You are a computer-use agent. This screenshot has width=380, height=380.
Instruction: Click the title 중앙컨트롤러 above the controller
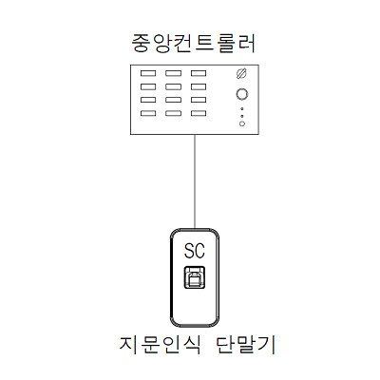point(194,43)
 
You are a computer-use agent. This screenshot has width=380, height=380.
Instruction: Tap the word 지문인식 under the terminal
point(160,345)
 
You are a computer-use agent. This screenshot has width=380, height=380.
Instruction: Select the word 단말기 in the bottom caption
point(246,345)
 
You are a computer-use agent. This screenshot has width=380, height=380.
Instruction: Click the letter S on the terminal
point(189,251)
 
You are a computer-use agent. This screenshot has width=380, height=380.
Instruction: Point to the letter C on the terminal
point(199,251)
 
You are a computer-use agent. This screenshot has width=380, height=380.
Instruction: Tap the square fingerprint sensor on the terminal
point(195,277)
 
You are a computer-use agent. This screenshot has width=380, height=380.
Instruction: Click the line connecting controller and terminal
point(195,181)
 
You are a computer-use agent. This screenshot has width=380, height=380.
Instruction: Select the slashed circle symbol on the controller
point(241,73)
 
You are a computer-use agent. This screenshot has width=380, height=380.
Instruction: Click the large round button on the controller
point(242,94)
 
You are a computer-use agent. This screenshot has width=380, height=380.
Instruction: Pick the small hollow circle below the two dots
point(242,123)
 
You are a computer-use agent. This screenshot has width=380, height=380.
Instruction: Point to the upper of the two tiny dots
point(242,108)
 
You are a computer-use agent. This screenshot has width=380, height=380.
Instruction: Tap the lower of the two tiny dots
point(242,116)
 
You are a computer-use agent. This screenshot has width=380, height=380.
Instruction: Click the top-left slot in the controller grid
point(148,73)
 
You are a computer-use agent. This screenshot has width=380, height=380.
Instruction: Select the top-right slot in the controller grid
point(199,73)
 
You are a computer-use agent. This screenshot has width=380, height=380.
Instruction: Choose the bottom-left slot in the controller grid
point(148,113)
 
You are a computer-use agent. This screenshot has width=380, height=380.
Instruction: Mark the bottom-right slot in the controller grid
point(199,113)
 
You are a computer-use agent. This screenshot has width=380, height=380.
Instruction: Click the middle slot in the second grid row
point(174,86)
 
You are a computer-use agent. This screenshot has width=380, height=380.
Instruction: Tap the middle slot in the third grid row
point(174,100)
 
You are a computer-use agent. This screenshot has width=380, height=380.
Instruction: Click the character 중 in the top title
point(141,43)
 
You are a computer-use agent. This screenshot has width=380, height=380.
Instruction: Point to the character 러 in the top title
point(246,43)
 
